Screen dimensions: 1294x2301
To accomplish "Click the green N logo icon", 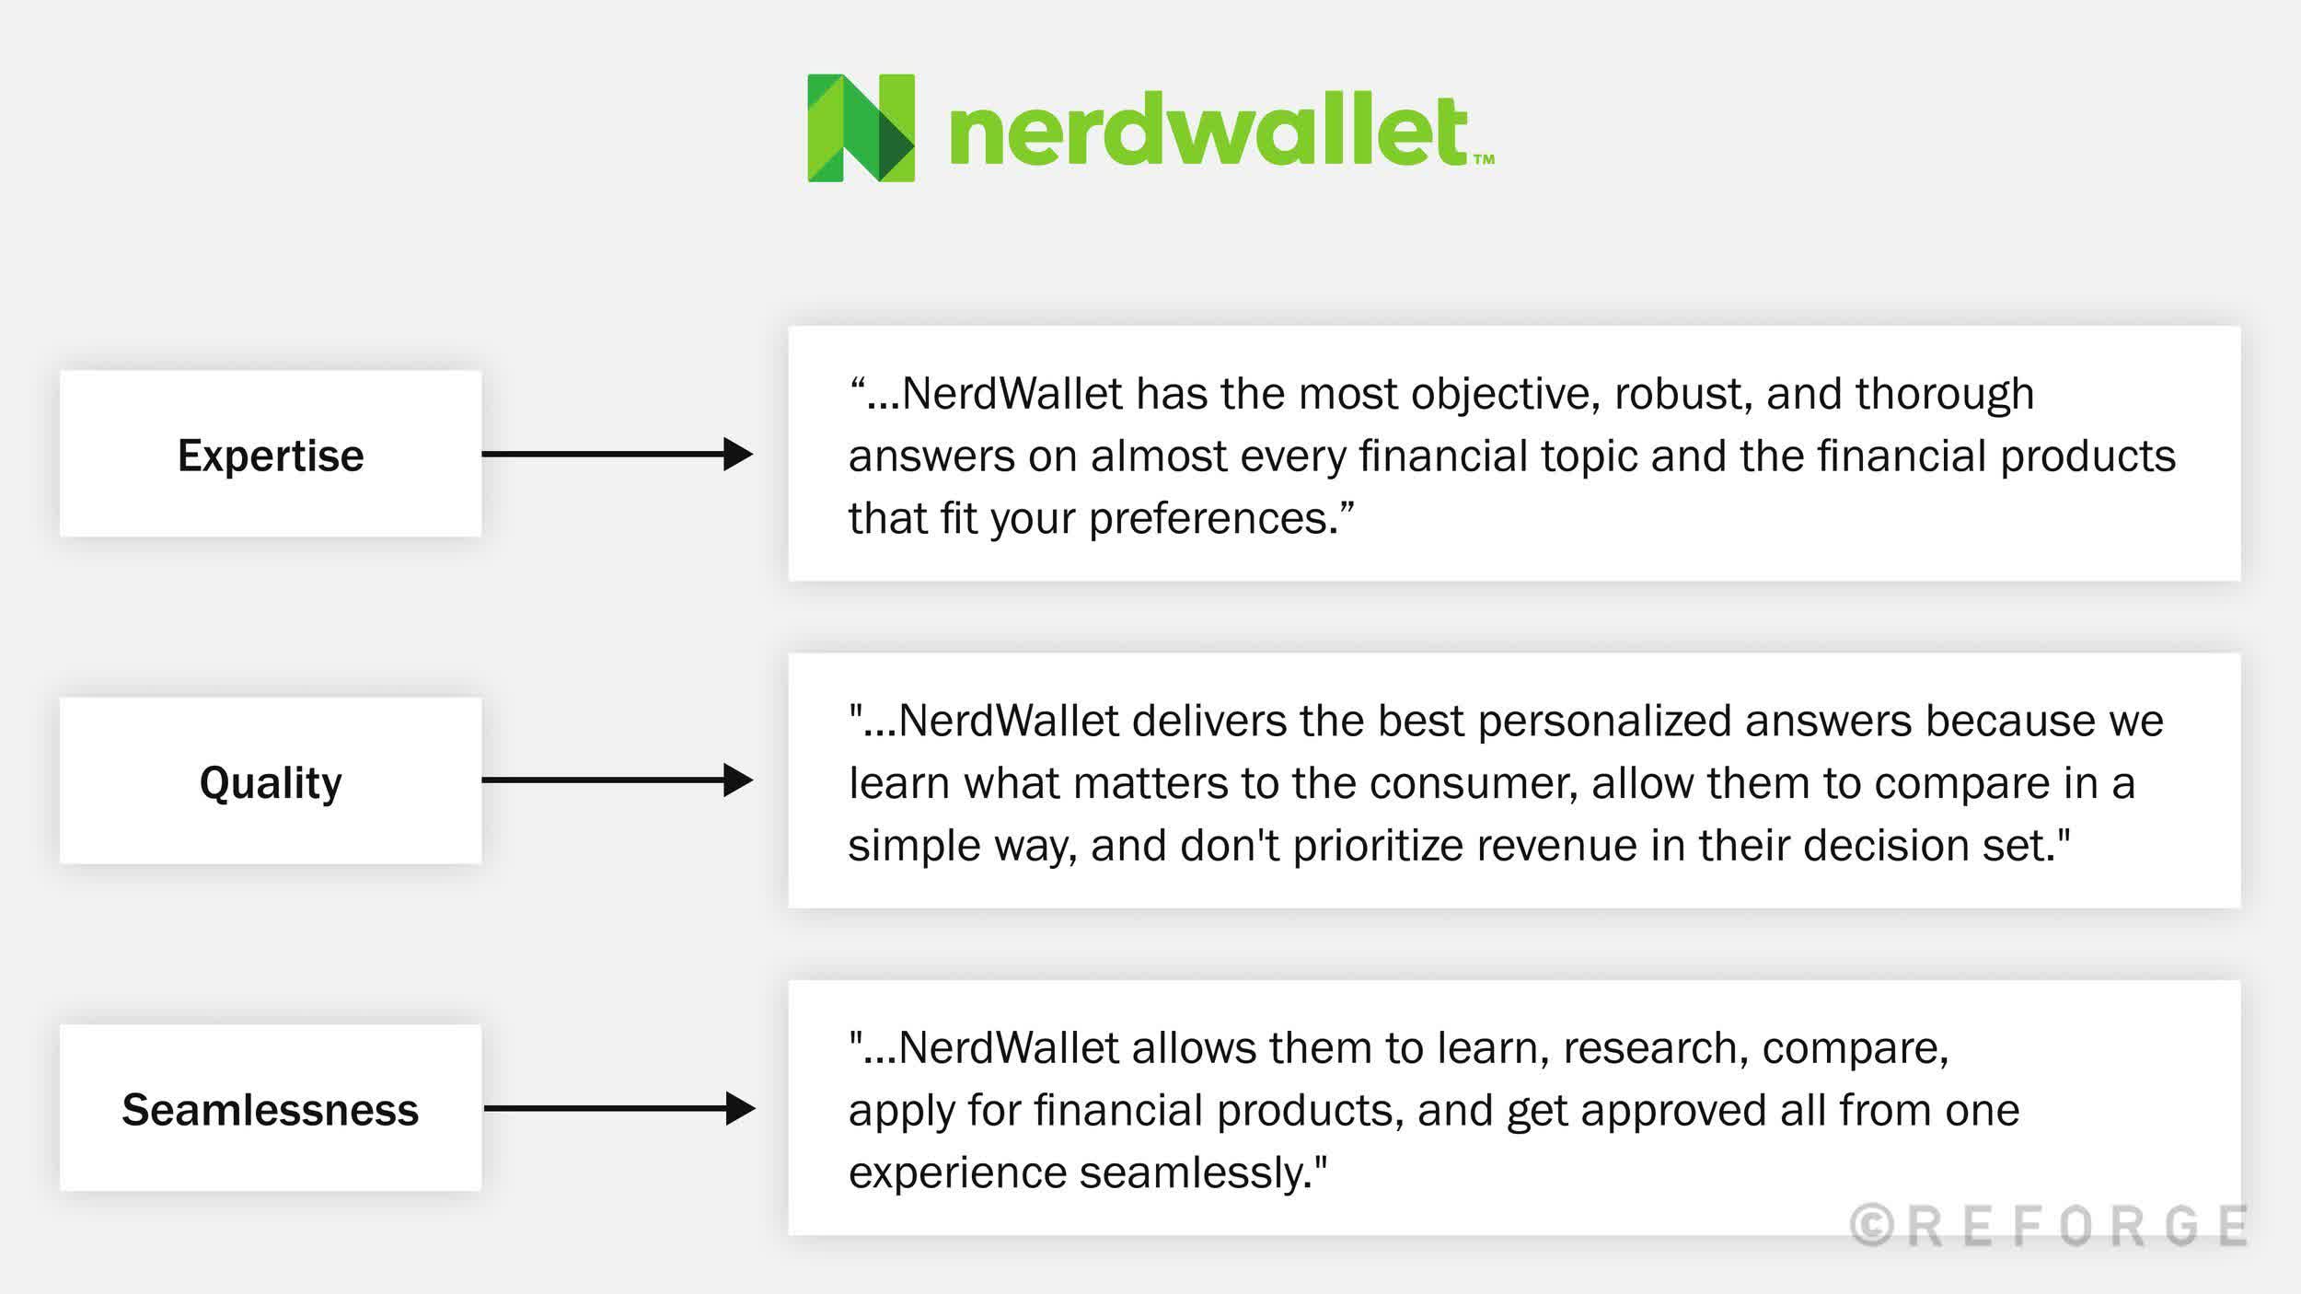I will tap(861, 128).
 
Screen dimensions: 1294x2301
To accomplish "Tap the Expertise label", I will tap(271, 456).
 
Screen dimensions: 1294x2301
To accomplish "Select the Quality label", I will tap(271, 782).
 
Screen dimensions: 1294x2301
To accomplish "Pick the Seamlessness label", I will tap(271, 1110).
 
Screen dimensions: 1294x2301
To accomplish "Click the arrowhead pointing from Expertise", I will tap(737, 454).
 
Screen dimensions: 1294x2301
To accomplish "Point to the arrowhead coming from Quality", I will tap(737, 780).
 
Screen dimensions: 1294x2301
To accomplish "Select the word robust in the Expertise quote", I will tap(1676, 394).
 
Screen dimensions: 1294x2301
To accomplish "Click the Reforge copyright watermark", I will tap(2049, 1226).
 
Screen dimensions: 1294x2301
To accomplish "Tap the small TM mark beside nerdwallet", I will tap(1484, 159).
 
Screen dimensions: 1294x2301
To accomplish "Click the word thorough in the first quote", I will tap(1944, 394).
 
